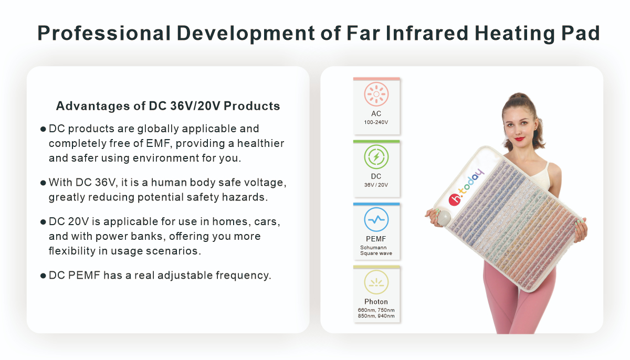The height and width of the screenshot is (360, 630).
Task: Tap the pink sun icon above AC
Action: pos(376,94)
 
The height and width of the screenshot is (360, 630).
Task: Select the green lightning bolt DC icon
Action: pos(376,157)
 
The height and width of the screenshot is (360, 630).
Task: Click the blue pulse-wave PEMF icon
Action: pos(376,219)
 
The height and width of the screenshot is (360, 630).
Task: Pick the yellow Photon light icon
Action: pos(376,282)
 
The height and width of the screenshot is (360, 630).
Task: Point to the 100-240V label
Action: pos(376,122)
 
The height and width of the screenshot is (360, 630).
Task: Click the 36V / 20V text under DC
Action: pos(376,185)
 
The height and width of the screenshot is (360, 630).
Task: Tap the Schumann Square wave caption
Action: pos(376,250)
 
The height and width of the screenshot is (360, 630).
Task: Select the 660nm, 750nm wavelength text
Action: pos(376,310)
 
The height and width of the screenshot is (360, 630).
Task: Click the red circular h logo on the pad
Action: pos(455,200)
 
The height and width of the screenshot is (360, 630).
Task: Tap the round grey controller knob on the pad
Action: pos(444,218)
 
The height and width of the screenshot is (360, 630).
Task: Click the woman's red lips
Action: pos(520,139)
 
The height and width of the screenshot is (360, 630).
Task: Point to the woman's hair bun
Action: pos(519,97)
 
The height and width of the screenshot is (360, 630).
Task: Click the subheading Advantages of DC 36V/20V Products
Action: pos(168,106)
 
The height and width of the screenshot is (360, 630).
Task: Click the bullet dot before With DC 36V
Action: pos(43,183)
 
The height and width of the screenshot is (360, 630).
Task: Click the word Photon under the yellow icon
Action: pos(376,302)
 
